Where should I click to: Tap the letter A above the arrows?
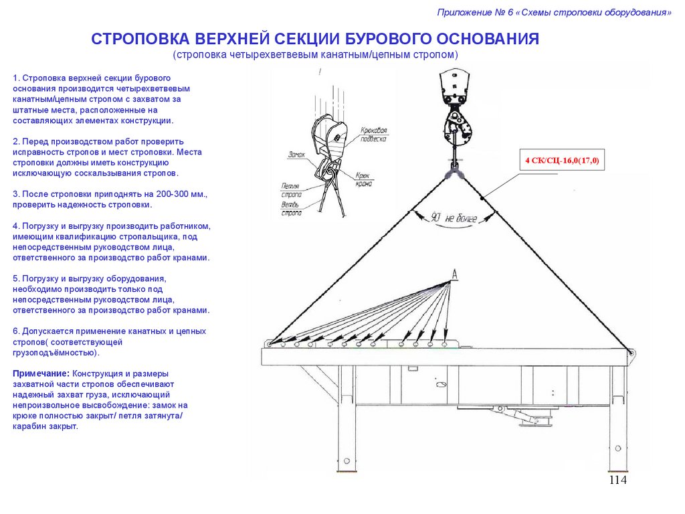click(454, 274)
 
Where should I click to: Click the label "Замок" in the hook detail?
click(298, 154)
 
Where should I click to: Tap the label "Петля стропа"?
click(291, 189)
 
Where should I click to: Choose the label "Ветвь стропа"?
click(291, 208)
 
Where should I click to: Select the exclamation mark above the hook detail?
click(322, 71)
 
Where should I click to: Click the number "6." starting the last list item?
click(16, 331)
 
